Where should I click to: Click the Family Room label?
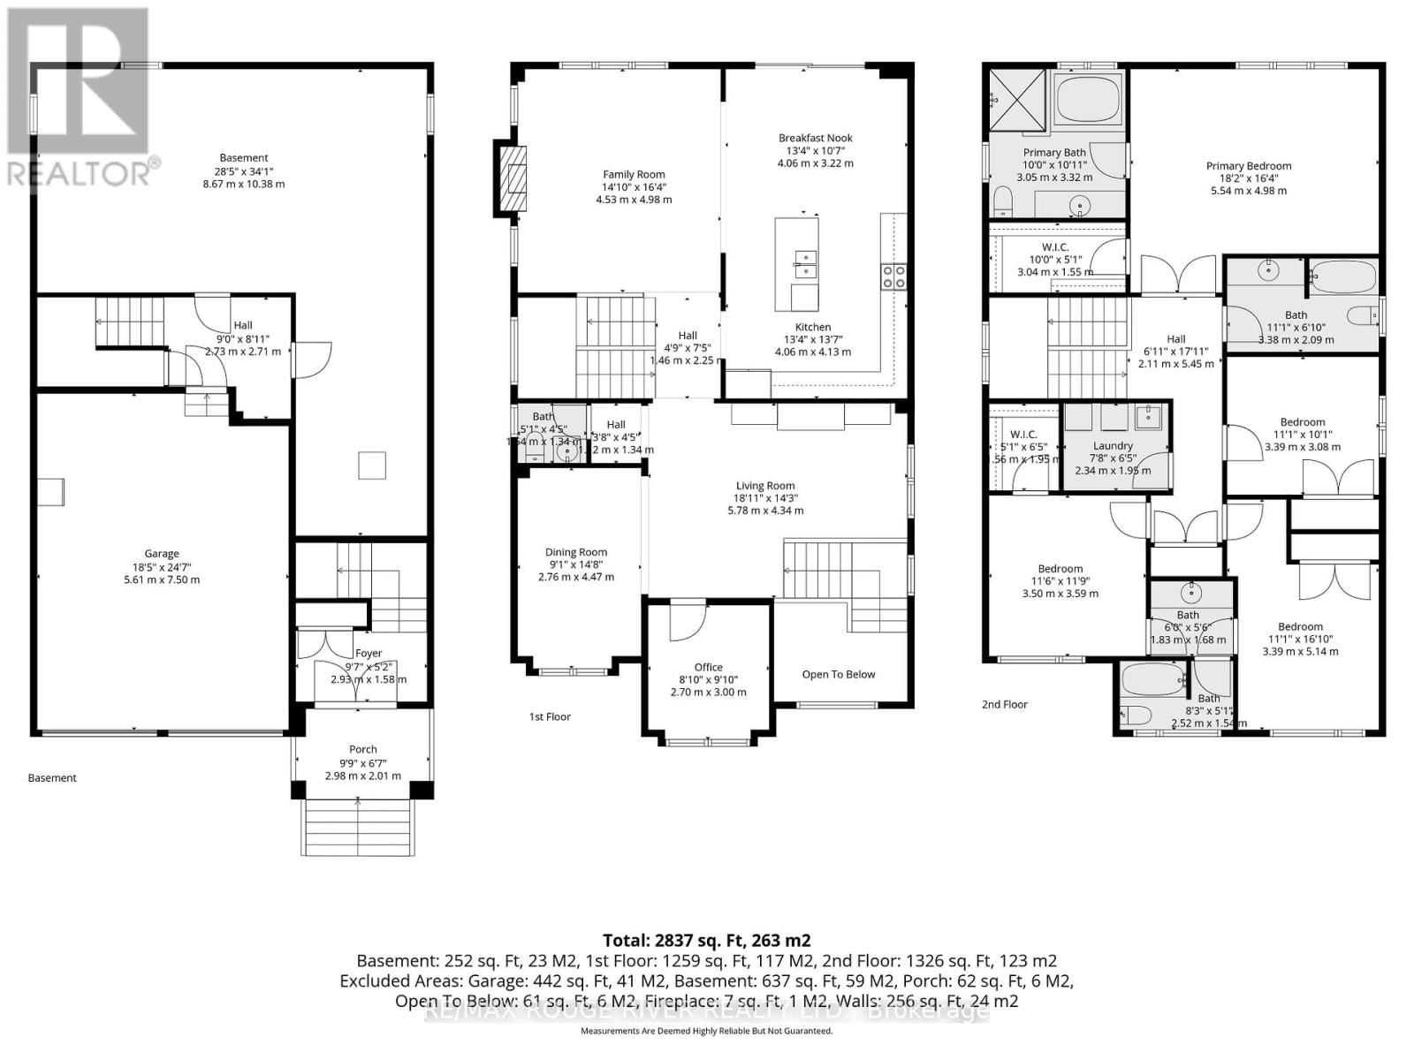(x=634, y=175)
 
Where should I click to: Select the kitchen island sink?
(x=805, y=261)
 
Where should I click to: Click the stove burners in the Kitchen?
(x=893, y=276)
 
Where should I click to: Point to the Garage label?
(x=162, y=554)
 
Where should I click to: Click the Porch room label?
(x=362, y=749)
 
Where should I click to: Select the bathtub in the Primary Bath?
(x=1088, y=99)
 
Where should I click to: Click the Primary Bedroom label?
(x=1249, y=166)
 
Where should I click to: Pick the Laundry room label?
(x=1113, y=446)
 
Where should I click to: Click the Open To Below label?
(x=838, y=675)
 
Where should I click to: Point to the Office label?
(x=708, y=668)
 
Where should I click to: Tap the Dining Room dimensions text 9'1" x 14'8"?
(x=576, y=564)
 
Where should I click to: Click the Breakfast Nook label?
(x=815, y=138)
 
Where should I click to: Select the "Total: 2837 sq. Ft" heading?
(x=706, y=940)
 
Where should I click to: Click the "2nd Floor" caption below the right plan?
(x=1005, y=705)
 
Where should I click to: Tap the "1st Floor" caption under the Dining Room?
(x=550, y=716)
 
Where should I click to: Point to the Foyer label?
(x=369, y=654)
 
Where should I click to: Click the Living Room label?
(x=765, y=486)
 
